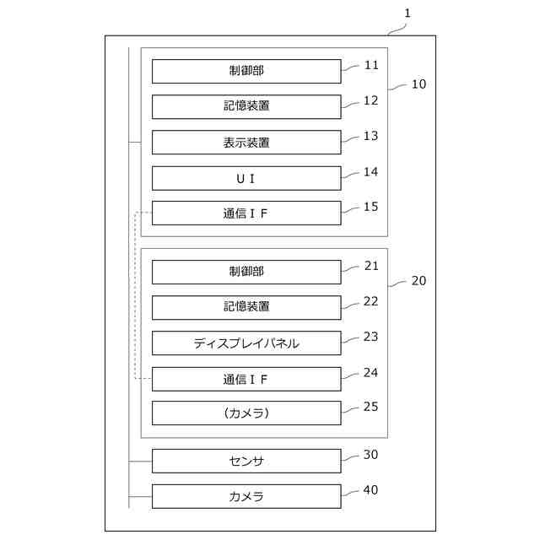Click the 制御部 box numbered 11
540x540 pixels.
(246, 71)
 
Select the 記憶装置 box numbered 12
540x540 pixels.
(246, 106)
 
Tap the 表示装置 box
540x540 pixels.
(246, 143)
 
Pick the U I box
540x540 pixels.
(246, 178)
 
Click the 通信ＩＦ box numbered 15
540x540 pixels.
(246, 213)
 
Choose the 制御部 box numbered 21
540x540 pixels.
(246, 272)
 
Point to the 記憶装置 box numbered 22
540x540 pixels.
(246, 307)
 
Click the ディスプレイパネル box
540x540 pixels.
(246, 343)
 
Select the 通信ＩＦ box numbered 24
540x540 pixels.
(246, 379)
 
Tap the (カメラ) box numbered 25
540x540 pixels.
(246, 413)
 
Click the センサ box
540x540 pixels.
(246, 461)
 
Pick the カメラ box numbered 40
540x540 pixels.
(246, 496)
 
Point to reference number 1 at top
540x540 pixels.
(408, 13)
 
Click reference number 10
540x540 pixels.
(418, 84)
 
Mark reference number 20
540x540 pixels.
(418, 281)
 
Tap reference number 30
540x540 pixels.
(370, 455)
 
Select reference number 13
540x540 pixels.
(370, 136)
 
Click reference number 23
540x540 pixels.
(370, 337)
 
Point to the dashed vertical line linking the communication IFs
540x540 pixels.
(135, 295)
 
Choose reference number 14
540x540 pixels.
(370, 171)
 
